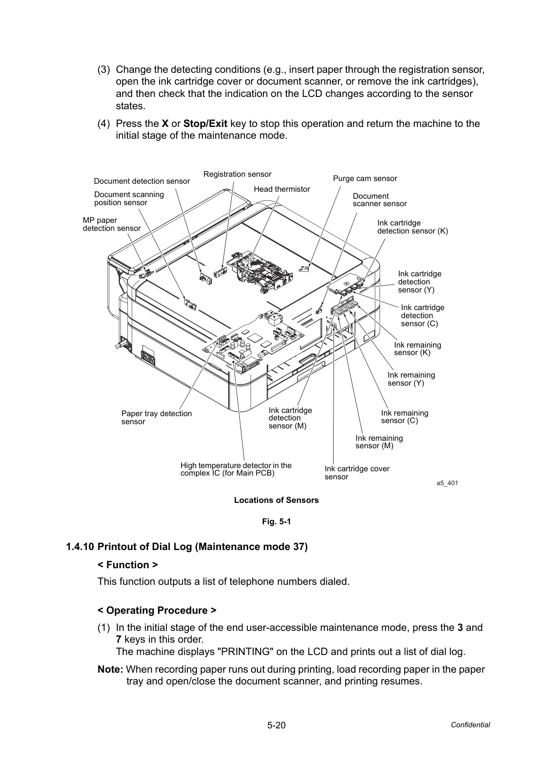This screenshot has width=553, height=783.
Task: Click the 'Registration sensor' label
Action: pos(237,174)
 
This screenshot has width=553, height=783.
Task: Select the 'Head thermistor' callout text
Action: pos(282,189)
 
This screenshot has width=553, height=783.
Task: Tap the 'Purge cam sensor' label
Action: pos(365,179)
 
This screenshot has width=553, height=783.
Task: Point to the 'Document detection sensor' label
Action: pos(142,181)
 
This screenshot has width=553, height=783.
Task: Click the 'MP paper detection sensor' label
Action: pos(111,224)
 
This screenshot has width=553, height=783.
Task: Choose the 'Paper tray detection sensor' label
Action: pos(156,417)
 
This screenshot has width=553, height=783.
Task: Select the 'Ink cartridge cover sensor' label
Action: pos(357,472)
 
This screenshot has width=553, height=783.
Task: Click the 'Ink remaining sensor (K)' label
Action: pos(418,349)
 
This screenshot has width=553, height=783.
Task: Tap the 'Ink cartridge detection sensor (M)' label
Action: pos(290,418)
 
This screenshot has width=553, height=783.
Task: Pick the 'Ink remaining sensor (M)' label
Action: pos(379,442)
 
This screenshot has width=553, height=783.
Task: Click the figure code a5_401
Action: pos(447,483)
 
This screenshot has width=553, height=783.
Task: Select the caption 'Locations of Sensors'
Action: pos(276,500)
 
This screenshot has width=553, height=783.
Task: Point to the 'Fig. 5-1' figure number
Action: pos(276,522)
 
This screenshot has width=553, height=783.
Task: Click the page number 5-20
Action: pos(276,725)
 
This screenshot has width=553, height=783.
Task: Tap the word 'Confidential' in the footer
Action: pos(470,725)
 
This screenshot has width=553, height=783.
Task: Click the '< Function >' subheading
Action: pos(127,565)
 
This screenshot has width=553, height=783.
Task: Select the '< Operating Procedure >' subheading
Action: pos(157,611)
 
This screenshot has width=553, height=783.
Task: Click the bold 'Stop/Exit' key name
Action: pos(206,124)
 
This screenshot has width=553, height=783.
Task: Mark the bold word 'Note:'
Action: pos(110,669)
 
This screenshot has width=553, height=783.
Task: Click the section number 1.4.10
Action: pos(80,547)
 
